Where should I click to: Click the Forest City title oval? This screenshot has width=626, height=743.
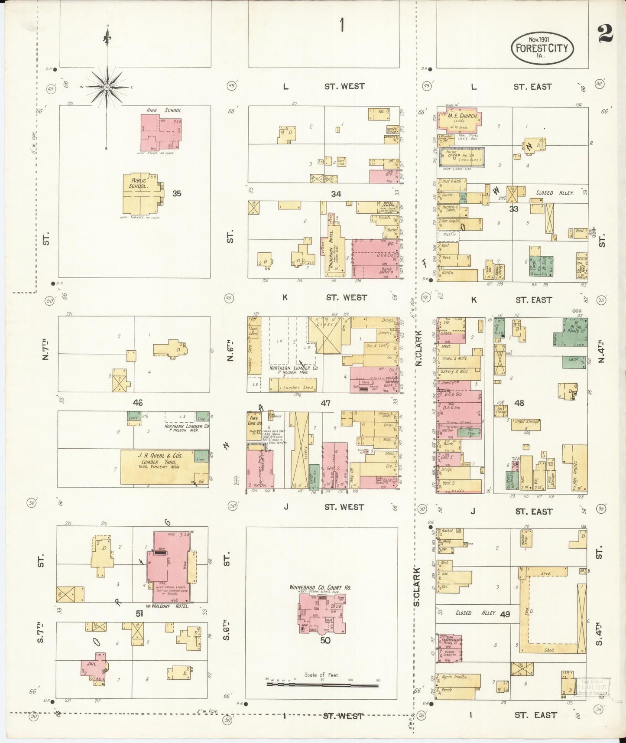tap(542, 48)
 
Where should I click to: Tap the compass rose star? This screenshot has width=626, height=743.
tap(107, 87)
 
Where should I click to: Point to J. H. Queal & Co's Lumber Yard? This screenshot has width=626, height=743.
tap(160, 466)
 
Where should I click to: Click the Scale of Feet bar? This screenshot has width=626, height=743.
tap(322, 685)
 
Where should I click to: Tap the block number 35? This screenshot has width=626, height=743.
tap(176, 193)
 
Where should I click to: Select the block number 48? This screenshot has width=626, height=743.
tap(519, 403)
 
